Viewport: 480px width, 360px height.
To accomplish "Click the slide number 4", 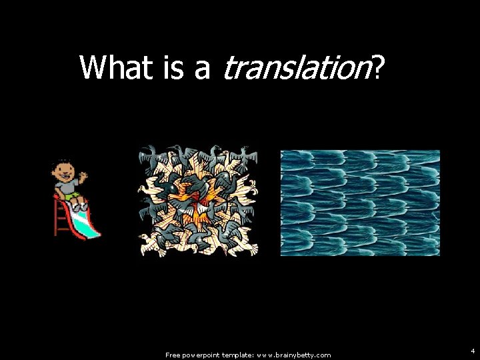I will (x=472, y=350).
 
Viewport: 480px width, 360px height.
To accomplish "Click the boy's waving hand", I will (x=83, y=177).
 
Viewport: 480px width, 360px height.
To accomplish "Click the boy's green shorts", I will (x=74, y=197).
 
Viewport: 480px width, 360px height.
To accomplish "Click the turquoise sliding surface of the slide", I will (x=87, y=223).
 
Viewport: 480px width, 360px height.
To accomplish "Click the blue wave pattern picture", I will (x=360, y=203).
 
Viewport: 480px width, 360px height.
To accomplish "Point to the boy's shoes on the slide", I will (x=80, y=208).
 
